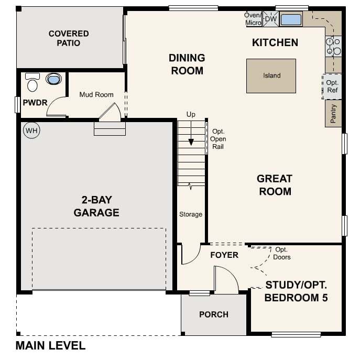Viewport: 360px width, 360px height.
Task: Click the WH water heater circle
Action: (x=31, y=130)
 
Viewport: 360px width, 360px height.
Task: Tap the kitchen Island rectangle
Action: (x=271, y=76)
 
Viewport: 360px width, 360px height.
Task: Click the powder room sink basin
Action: (x=53, y=80)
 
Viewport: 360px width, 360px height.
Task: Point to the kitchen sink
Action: (x=291, y=20)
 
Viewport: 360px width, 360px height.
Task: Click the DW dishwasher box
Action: (x=270, y=19)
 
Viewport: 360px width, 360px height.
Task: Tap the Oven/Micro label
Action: (x=253, y=19)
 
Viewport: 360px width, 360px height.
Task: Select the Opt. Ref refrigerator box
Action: (x=332, y=86)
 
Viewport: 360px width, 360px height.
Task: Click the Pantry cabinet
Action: (x=333, y=114)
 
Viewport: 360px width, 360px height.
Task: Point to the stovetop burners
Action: (x=333, y=47)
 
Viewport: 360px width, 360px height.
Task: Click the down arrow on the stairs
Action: (x=191, y=141)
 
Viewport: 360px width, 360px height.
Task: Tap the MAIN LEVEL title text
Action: (x=50, y=346)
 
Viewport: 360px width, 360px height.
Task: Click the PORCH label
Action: (x=214, y=314)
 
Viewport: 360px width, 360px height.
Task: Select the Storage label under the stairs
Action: (x=191, y=214)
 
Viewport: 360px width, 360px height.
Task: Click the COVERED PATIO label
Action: (x=69, y=38)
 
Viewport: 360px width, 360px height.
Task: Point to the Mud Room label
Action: (x=96, y=95)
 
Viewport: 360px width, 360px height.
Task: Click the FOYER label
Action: (x=224, y=255)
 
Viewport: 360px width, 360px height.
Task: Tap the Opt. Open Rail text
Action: (x=218, y=139)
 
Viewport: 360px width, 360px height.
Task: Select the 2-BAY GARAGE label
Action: (x=96, y=206)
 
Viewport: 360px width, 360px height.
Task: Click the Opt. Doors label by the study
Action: (x=282, y=254)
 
